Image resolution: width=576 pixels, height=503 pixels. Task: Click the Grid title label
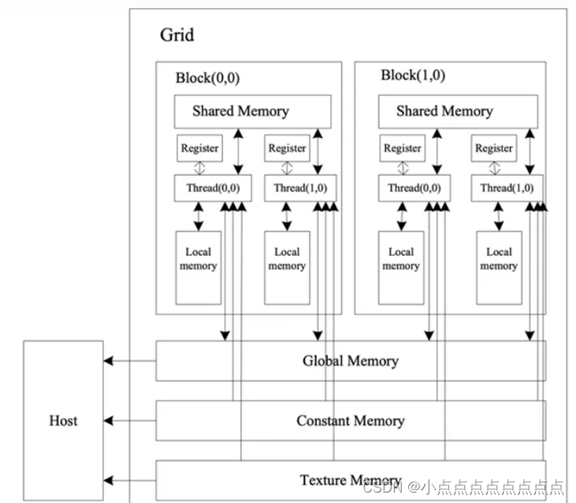(176, 35)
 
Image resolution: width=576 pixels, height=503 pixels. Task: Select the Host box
(63, 420)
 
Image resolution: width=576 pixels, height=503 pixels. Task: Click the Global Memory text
(350, 361)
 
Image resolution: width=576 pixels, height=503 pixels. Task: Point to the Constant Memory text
(350, 420)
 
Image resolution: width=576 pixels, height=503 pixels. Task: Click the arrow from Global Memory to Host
(129, 361)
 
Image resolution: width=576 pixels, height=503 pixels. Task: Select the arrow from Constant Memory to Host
(129, 420)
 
